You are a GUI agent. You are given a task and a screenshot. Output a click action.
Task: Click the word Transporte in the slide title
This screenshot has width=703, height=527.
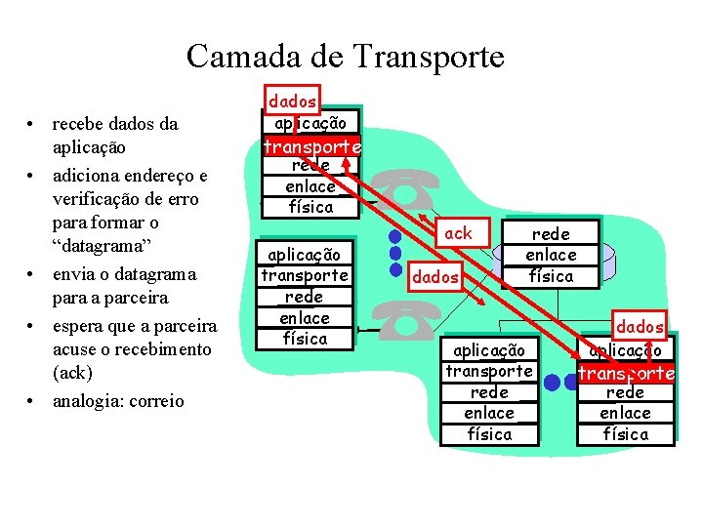click(x=430, y=57)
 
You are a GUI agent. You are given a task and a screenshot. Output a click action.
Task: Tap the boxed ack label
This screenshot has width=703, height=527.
click(x=457, y=233)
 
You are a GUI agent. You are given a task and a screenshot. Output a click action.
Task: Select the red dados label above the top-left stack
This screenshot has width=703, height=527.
click(x=292, y=101)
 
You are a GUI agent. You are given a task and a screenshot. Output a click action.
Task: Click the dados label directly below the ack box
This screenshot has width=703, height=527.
click(x=435, y=277)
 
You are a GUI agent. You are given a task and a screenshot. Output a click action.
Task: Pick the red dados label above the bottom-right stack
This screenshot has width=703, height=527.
click(x=640, y=327)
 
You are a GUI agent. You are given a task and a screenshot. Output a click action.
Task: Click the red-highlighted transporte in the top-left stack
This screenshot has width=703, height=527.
click(x=311, y=146)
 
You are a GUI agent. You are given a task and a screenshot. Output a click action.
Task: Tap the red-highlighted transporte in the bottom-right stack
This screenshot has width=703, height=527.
click(x=626, y=373)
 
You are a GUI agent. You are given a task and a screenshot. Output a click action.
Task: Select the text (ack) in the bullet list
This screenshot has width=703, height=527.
click(x=73, y=373)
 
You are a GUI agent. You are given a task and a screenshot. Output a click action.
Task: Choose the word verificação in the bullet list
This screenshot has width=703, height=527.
click(x=98, y=199)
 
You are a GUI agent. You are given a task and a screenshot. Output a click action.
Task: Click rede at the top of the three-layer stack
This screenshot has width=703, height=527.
click(x=551, y=233)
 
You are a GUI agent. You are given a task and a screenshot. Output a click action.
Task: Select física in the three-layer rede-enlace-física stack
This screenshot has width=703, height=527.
click(x=551, y=276)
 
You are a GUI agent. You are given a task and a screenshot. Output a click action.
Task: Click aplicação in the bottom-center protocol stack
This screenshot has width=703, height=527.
click(x=489, y=350)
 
